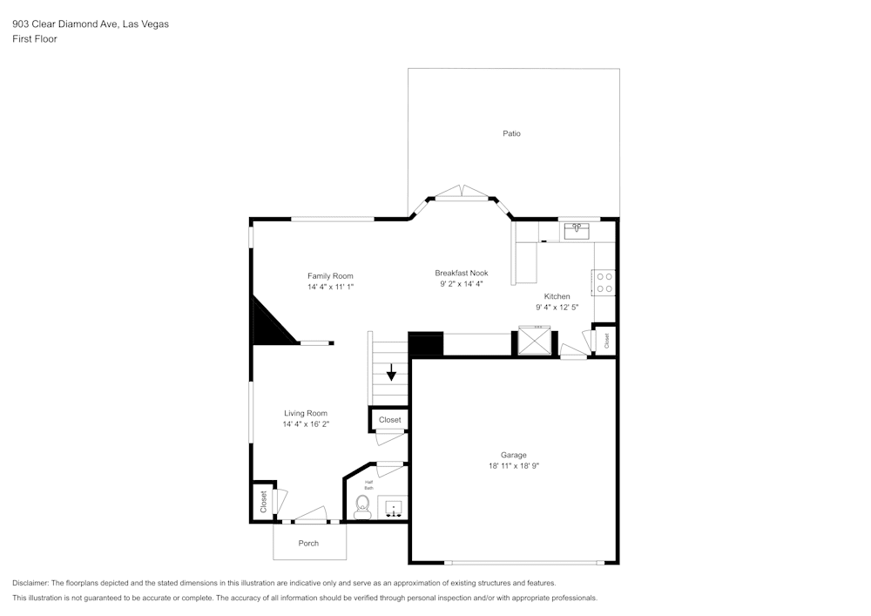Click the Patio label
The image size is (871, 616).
click(511, 133)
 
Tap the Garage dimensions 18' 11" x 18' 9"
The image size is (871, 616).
click(513, 466)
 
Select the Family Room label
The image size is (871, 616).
click(330, 275)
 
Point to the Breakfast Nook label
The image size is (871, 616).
click(461, 273)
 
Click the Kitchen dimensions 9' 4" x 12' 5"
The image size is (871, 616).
click(557, 307)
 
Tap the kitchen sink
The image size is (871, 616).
click(577, 231)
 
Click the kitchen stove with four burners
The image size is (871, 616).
click(604, 282)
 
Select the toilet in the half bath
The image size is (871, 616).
click(363, 507)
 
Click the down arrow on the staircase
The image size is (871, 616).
click(392, 373)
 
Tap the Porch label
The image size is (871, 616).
click(308, 543)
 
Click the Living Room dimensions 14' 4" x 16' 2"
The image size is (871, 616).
click(306, 424)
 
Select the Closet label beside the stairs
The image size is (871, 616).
click(390, 420)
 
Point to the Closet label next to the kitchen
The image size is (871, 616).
click(607, 341)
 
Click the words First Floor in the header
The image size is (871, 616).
click(35, 39)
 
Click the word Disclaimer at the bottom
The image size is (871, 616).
click(30, 583)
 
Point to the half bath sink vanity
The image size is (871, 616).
click(393, 507)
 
